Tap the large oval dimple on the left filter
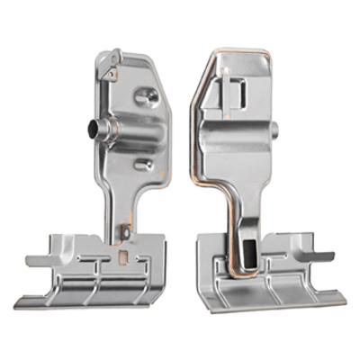146,95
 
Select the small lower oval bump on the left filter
142,165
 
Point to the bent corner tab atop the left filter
111,61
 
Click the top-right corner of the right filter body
268,56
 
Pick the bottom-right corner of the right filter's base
345,295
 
